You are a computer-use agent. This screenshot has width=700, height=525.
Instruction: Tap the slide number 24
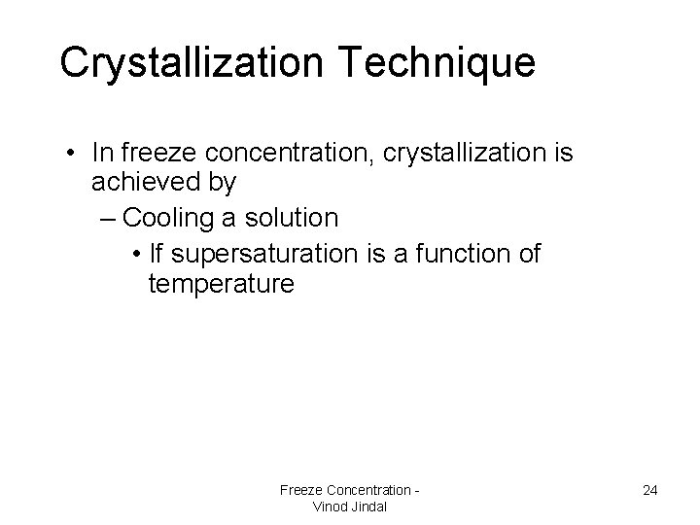coord(650,490)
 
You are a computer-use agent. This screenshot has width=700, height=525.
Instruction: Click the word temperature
coord(220,284)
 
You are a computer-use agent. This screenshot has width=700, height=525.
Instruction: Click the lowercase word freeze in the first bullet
coord(159,153)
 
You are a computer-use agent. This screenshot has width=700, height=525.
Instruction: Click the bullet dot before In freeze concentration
coord(74,154)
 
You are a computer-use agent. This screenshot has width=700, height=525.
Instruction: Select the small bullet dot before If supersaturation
coord(140,255)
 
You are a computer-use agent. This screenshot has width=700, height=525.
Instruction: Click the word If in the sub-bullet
coord(157,254)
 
